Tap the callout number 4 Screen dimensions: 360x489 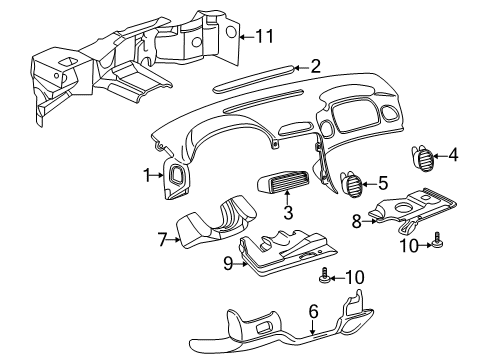(x=453, y=154)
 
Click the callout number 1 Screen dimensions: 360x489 (x=147, y=175)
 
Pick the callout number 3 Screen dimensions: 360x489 (x=287, y=212)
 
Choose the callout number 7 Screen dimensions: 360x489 (x=162, y=240)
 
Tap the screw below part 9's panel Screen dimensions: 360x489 (x=324, y=275)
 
